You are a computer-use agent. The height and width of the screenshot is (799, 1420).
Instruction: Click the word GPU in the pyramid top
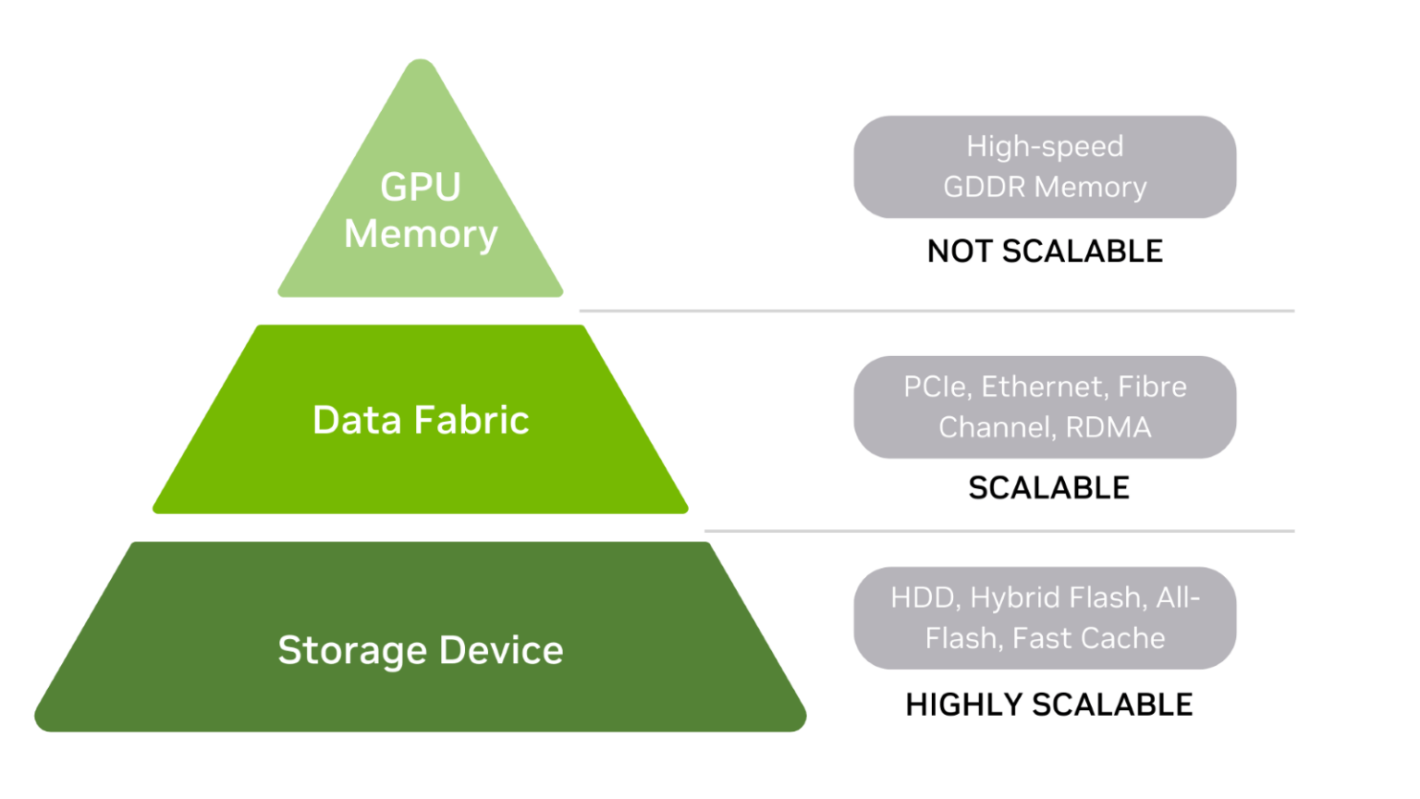point(421,187)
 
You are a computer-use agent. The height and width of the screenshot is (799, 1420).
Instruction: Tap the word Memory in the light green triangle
point(421,234)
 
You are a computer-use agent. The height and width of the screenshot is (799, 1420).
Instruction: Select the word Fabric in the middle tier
point(471,420)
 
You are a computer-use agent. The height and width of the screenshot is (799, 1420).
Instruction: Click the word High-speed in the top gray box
point(1045,146)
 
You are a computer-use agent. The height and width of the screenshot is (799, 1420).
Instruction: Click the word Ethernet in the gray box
point(1044,387)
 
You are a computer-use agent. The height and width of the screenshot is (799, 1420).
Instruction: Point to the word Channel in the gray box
point(997,427)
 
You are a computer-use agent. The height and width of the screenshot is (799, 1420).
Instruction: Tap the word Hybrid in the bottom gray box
point(1014,597)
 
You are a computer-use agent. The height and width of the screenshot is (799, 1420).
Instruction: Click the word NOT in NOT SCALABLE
point(960,252)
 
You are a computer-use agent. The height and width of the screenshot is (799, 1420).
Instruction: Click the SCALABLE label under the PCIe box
point(1048,487)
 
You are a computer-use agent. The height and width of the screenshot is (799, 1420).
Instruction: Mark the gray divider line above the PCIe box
point(936,311)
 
